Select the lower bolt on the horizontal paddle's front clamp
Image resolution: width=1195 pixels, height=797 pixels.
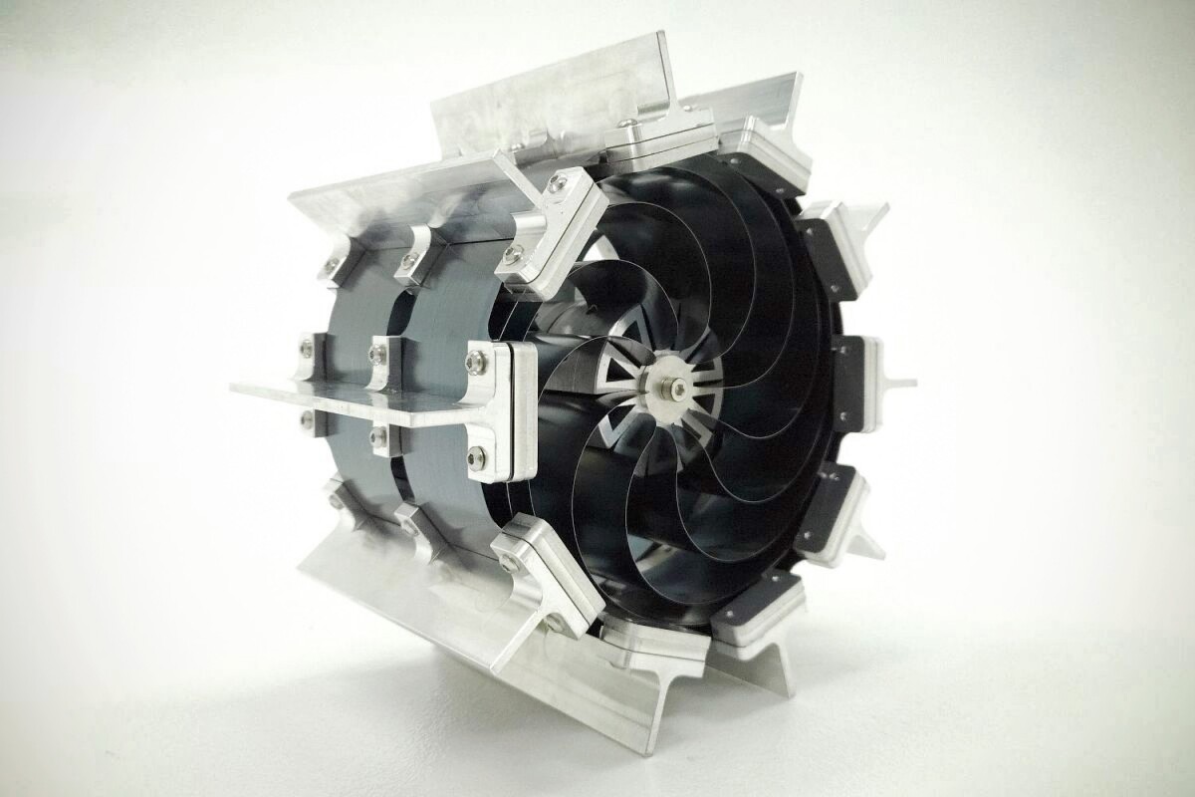[478, 458]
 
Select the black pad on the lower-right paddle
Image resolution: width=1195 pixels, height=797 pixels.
[817, 513]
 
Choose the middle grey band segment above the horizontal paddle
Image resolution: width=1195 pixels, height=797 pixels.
[438, 299]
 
